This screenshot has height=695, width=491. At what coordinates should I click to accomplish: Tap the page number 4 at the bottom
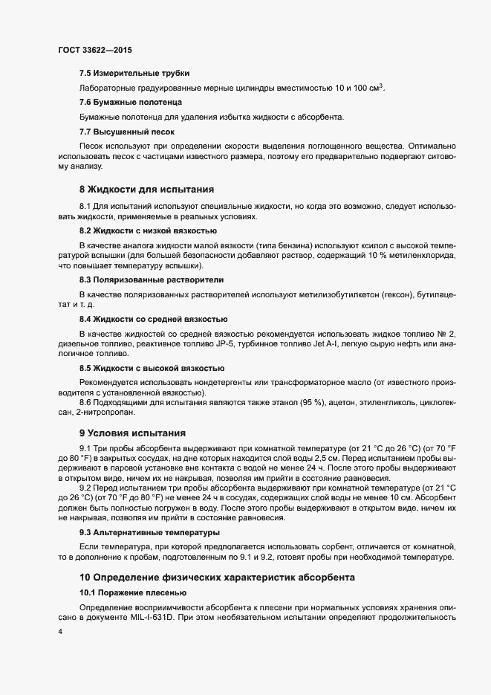(x=59, y=633)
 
